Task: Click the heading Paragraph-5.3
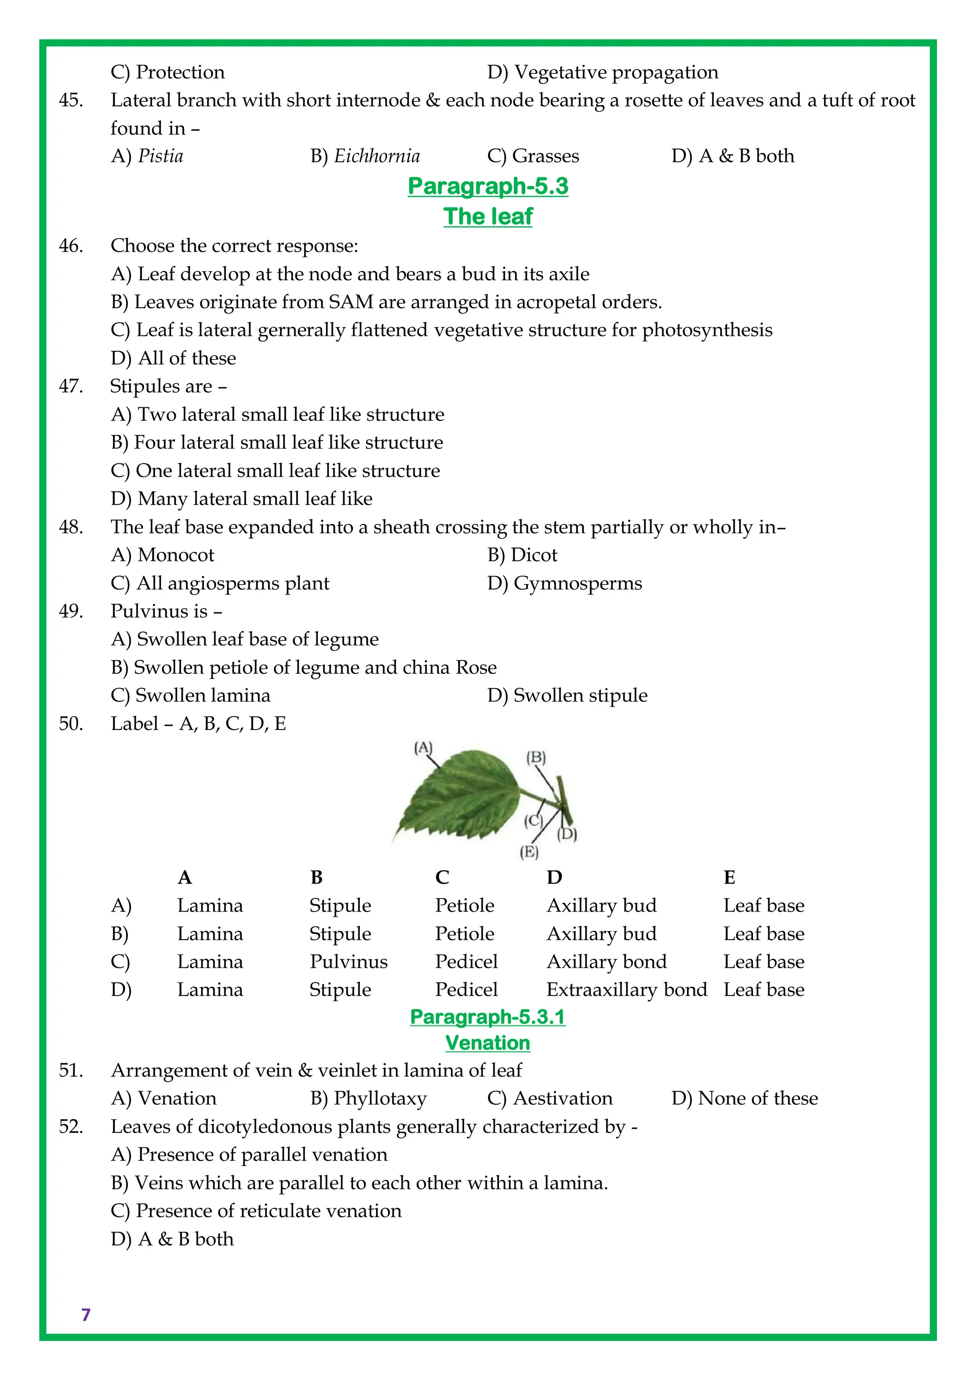[x=488, y=186]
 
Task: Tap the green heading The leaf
[x=488, y=216]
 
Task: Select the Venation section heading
[x=488, y=1042]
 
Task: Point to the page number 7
[x=86, y=1315]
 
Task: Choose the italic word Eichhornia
[x=377, y=156]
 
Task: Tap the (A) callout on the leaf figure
[x=423, y=748]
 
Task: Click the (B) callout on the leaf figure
[x=536, y=757]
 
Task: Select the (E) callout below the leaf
[x=529, y=852]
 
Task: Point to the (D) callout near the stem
[x=567, y=834]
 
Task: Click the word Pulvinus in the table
[x=348, y=962]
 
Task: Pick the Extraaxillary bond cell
[x=626, y=989]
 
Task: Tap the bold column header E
[x=729, y=878]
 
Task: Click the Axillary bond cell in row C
[x=606, y=962]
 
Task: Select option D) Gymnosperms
[x=564, y=583]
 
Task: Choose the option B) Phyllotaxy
[x=368, y=1098]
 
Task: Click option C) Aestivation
[x=550, y=1098]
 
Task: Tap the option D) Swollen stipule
[x=567, y=695]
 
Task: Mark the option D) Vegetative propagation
[x=603, y=72]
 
